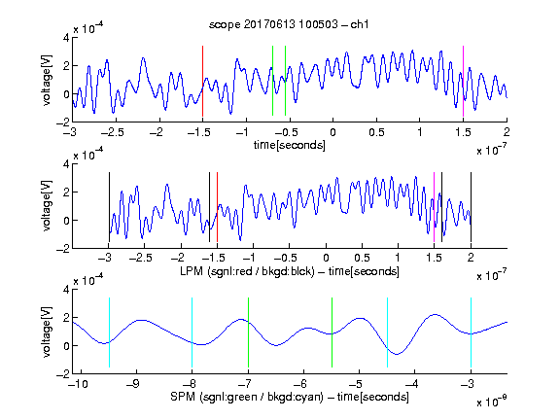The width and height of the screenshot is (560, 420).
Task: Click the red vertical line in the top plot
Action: point(202,81)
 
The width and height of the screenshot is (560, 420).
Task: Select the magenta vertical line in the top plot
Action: point(463,81)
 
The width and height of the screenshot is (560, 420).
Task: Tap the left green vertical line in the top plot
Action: point(272,81)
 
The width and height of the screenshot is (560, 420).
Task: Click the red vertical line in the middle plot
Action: point(217,207)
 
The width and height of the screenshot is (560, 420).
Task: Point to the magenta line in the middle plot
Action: point(434,207)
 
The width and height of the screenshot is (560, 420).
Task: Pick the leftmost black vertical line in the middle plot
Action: point(109,207)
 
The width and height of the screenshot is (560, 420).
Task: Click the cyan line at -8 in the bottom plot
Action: point(192,332)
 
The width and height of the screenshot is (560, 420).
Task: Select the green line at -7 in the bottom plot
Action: point(248,332)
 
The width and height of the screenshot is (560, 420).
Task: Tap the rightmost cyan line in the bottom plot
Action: point(471,332)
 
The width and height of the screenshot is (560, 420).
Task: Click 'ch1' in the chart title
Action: point(360,24)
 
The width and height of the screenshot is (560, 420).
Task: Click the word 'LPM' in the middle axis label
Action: point(192,271)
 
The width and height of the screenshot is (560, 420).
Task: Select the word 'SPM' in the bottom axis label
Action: point(183,397)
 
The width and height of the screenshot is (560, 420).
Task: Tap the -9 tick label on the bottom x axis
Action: point(133,384)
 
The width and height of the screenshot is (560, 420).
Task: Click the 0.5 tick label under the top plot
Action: point(376,132)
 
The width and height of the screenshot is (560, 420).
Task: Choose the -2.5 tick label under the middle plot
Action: point(140,258)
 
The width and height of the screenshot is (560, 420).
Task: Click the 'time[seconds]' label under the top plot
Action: point(290,145)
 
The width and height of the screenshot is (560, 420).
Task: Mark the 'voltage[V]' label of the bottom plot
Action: point(47,332)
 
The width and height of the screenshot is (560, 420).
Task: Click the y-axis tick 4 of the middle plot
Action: point(66,164)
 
